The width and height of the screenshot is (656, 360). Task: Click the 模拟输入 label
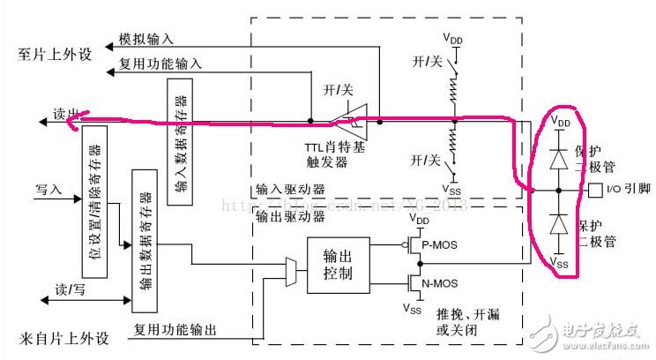pos(145,40)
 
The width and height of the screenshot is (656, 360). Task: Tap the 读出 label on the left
pos(65,115)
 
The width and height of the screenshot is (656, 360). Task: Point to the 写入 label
pos(48,189)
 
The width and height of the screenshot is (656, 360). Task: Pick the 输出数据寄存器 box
pos(145,240)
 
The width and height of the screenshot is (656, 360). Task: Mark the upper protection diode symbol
pos(558,159)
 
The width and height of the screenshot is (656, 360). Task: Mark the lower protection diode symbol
pos(558,225)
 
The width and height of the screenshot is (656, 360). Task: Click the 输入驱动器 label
pos(289,189)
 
